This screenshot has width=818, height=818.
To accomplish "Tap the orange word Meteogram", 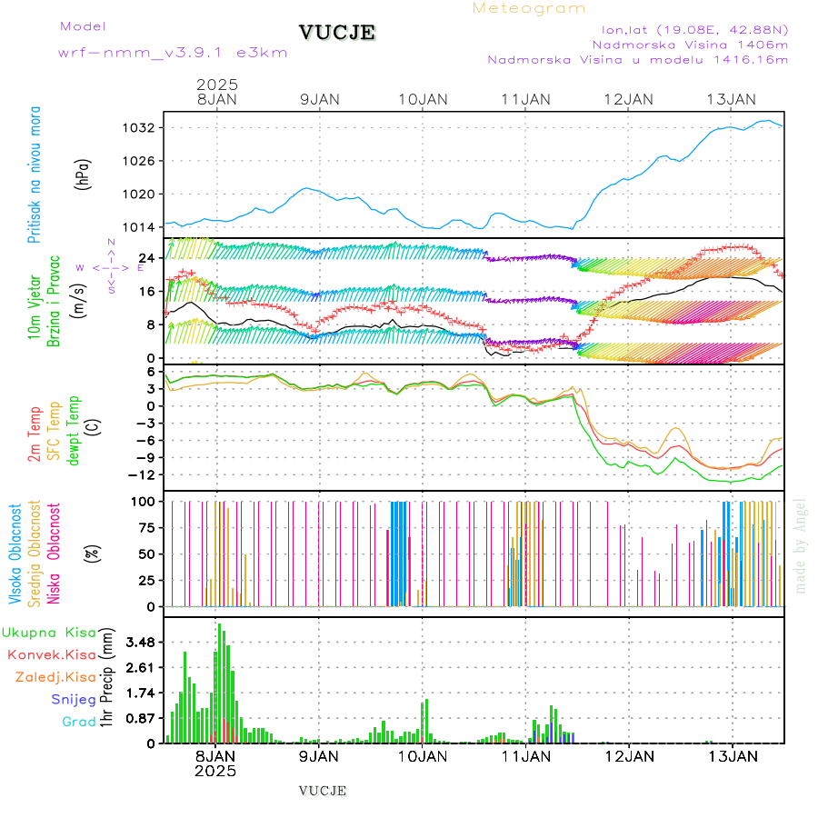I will [529, 8].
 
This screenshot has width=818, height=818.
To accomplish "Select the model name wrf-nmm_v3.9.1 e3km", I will [173, 52].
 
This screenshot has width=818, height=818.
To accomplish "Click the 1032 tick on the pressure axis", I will [141, 128].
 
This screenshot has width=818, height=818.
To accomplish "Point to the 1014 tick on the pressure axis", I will [141, 226].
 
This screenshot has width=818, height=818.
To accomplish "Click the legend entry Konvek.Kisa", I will [51, 654].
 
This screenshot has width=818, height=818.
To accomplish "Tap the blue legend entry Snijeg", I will [74, 699].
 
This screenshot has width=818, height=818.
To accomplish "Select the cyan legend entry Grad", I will [79, 722].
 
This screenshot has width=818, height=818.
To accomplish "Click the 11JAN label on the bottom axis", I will [525, 756].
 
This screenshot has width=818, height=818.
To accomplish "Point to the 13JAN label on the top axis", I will [732, 98].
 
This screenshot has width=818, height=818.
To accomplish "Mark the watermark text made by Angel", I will [801, 545].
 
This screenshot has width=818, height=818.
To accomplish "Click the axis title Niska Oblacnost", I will [55, 553].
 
